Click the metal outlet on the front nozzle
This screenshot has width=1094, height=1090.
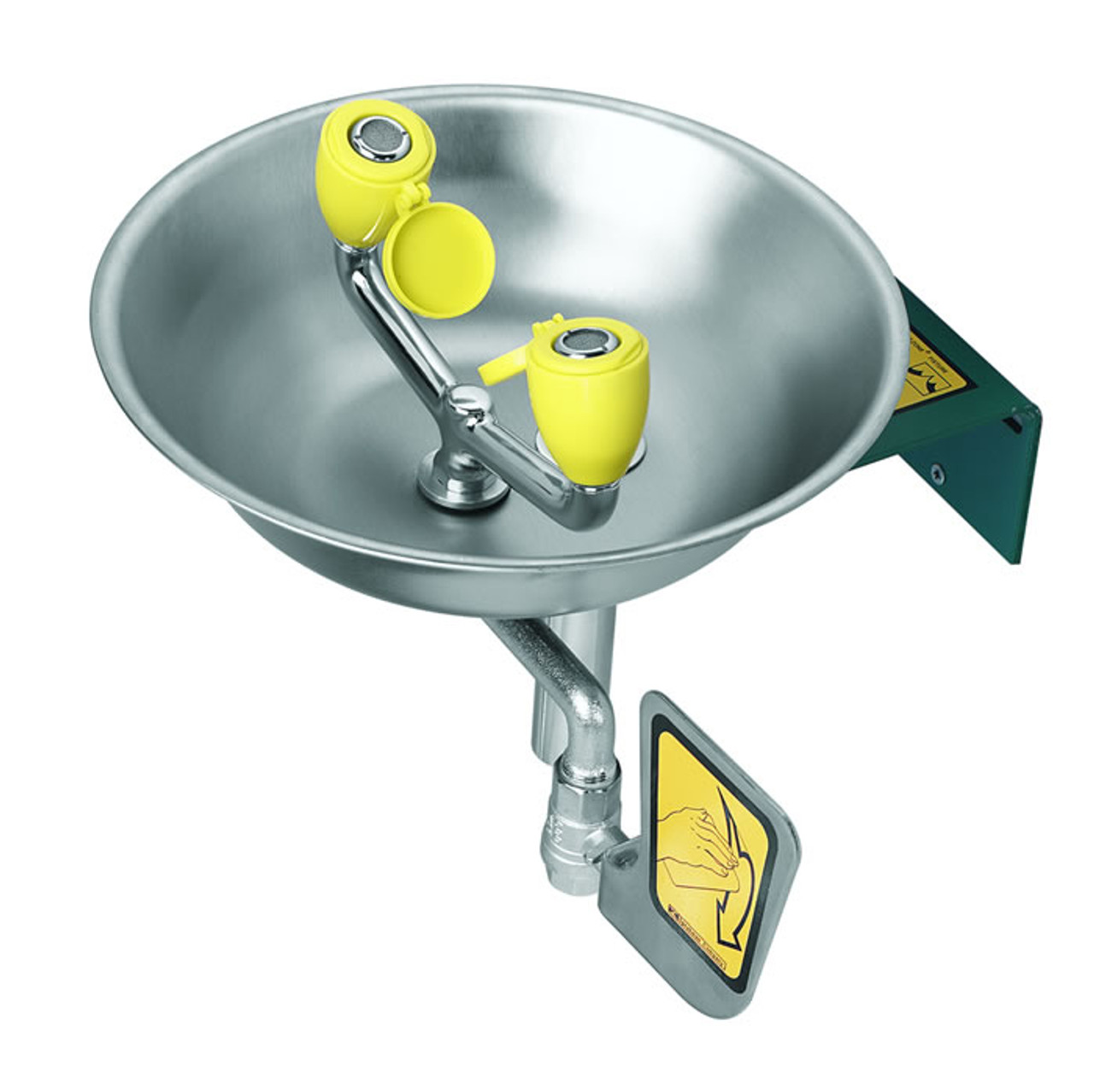pyautogui.click(x=587, y=342)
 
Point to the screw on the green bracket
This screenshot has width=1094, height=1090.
pyautogui.click(x=938, y=468)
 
